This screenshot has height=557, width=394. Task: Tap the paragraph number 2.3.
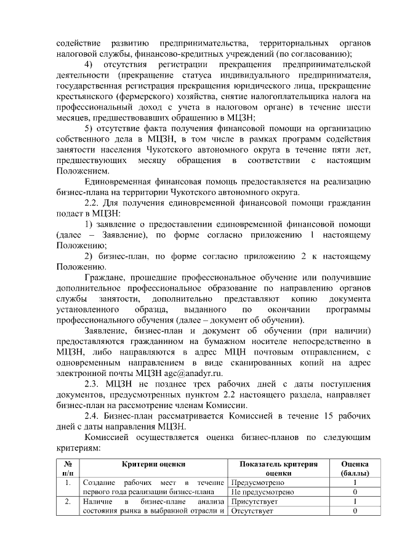(94, 383)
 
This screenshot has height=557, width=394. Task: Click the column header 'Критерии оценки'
(153, 463)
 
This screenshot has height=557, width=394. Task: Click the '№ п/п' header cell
(68, 468)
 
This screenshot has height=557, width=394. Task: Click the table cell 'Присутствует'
(254, 502)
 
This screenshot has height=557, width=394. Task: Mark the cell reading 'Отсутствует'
(252, 513)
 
